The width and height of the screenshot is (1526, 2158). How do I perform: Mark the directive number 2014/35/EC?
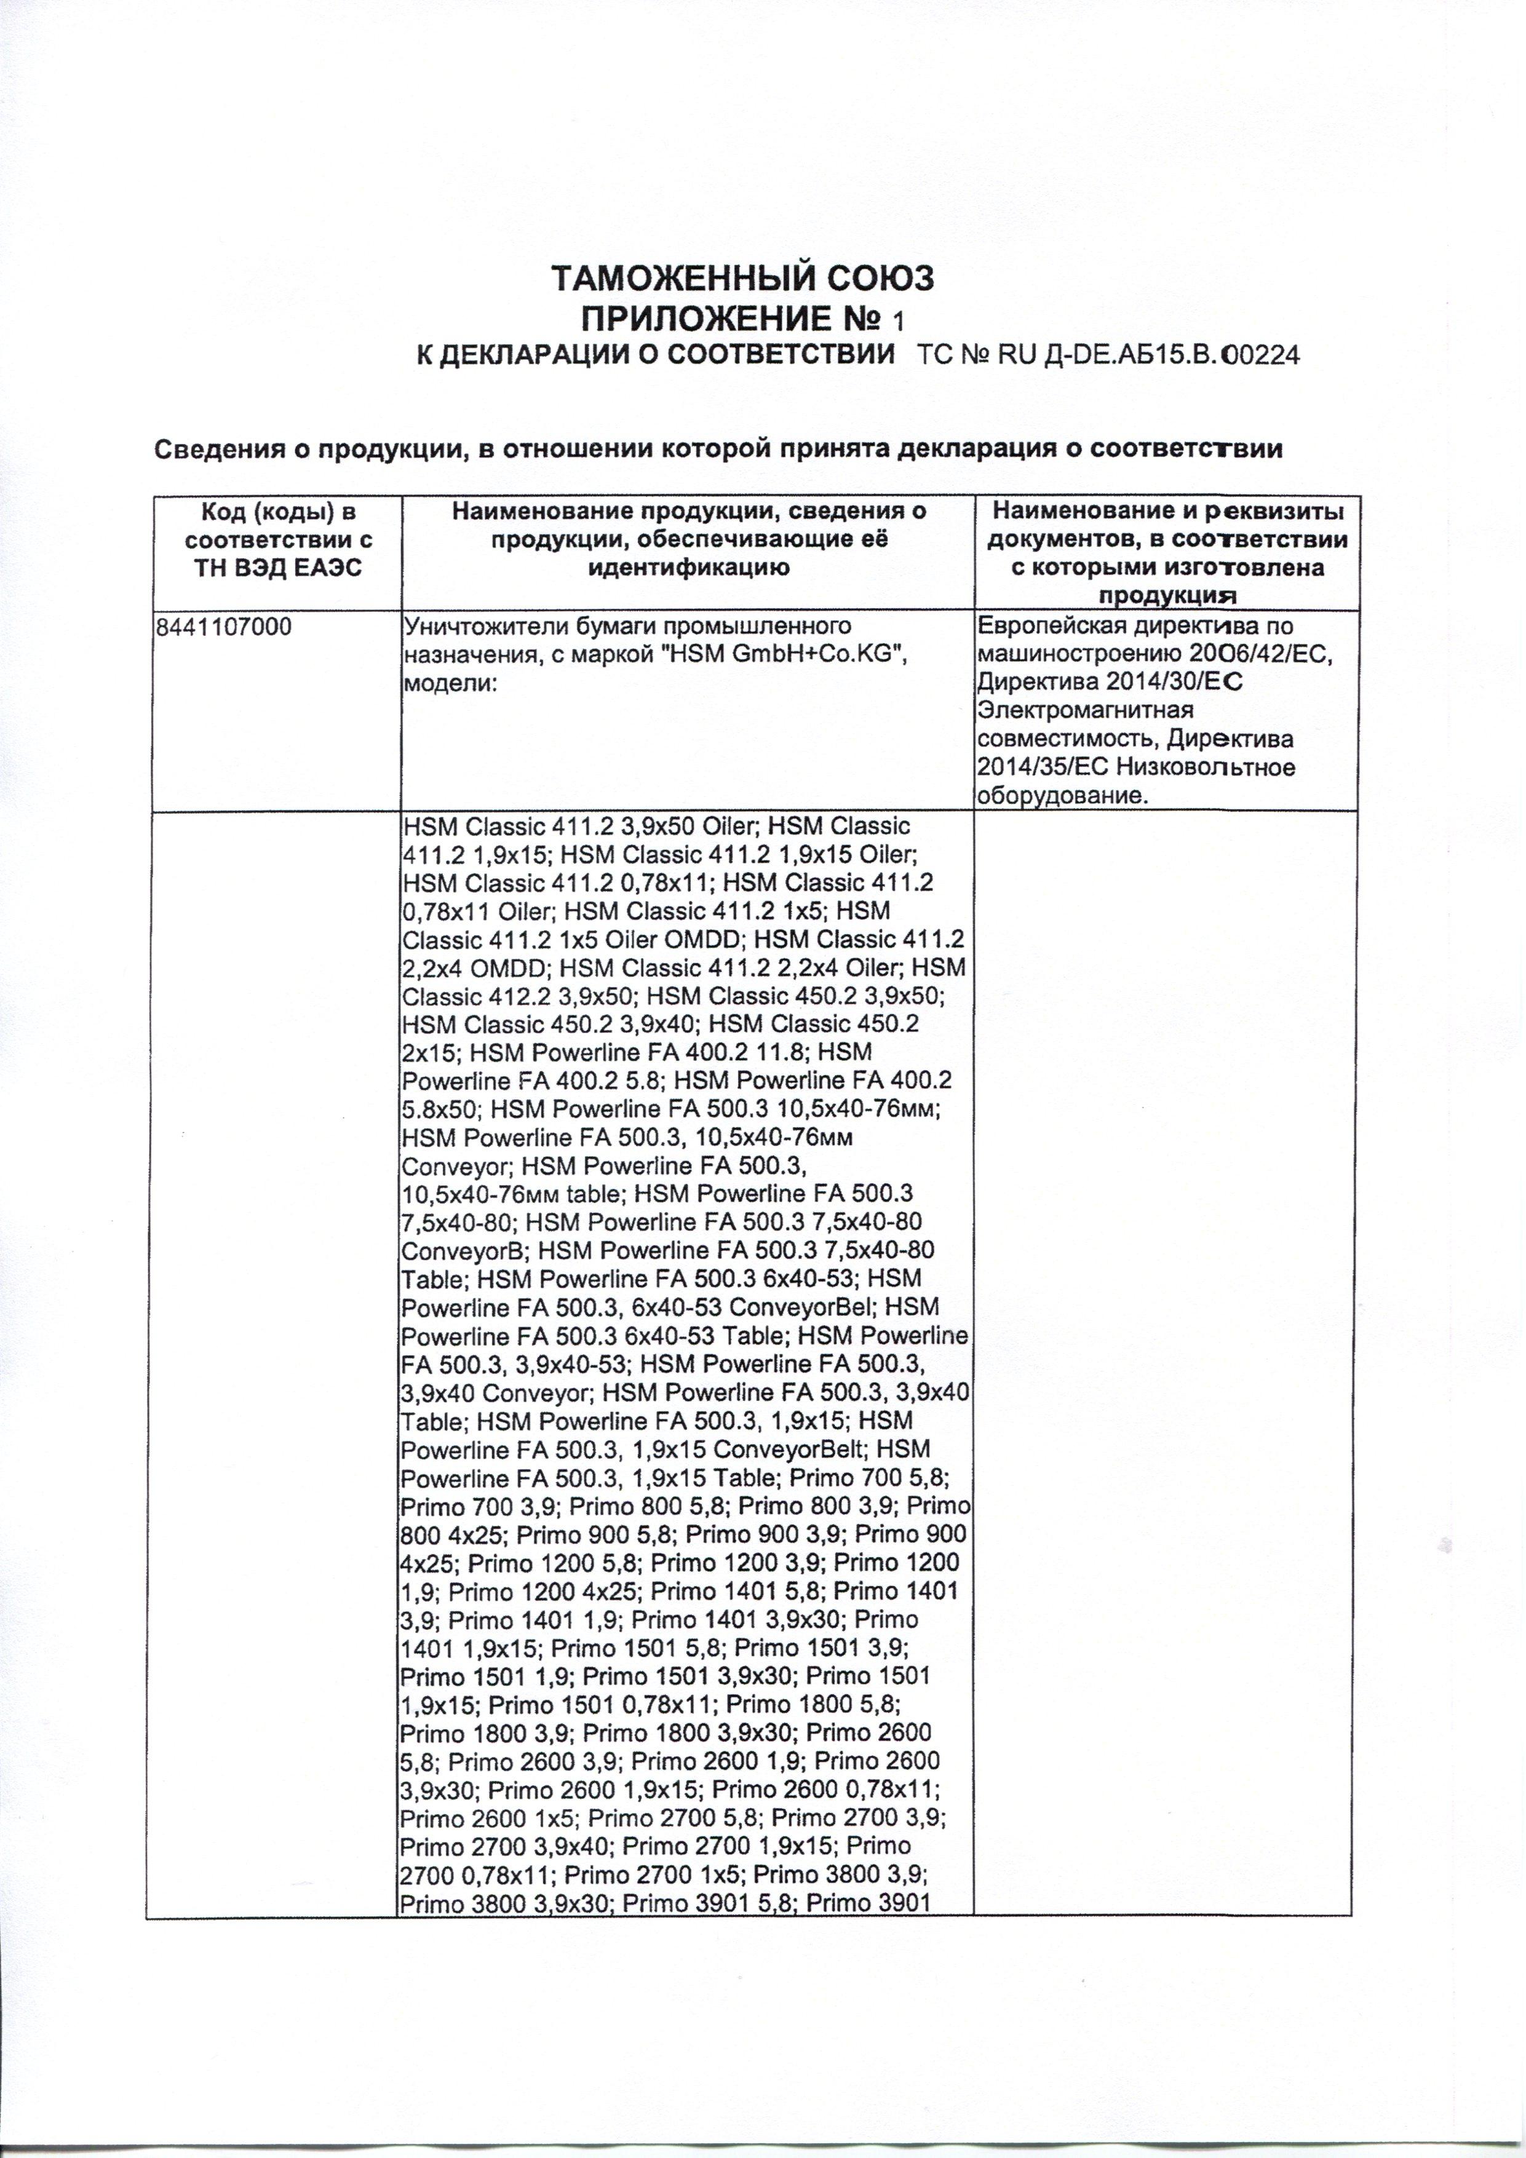point(1044,767)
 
